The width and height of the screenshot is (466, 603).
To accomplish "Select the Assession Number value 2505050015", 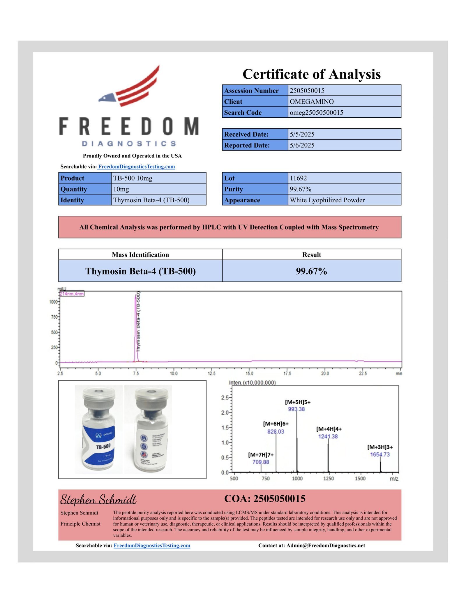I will pyautogui.click(x=307, y=91).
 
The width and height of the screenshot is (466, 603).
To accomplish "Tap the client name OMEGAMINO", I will pyautogui.click(x=312, y=102).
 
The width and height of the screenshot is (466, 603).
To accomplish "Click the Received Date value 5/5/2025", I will pyautogui.click(x=302, y=134).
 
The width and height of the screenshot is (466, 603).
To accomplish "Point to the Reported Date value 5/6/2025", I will pyautogui.click(x=302, y=145).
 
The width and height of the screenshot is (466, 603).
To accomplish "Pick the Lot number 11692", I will pyautogui.click(x=298, y=178).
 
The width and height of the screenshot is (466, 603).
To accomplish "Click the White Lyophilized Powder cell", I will pyautogui.click(x=327, y=200).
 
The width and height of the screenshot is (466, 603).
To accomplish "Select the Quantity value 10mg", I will pyautogui.click(x=121, y=189).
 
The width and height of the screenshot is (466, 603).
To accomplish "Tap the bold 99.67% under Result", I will pyautogui.click(x=311, y=271).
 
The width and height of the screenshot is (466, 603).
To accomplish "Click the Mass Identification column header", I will pyautogui.click(x=140, y=255).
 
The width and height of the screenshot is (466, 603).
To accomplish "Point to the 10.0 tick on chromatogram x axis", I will pyautogui.click(x=174, y=374).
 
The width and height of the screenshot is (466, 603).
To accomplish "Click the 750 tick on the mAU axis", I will pyautogui.click(x=54, y=317).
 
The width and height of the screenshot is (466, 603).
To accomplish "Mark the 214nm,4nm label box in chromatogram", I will pyautogui.click(x=72, y=294).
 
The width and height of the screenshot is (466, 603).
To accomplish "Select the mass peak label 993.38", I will pyautogui.click(x=296, y=409).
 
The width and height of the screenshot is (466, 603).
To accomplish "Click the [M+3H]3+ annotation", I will pyautogui.click(x=380, y=447).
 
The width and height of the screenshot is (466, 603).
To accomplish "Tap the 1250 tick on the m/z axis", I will pyautogui.click(x=329, y=478).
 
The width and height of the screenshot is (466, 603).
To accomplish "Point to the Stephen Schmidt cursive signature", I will pyautogui.click(x=98, y=499).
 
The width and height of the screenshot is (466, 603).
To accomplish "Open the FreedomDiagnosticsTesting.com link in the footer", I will pyautogui.click(x=152, y=546).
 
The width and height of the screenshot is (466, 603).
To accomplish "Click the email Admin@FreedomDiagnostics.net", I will pyautogui.click(x=326, y=546).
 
